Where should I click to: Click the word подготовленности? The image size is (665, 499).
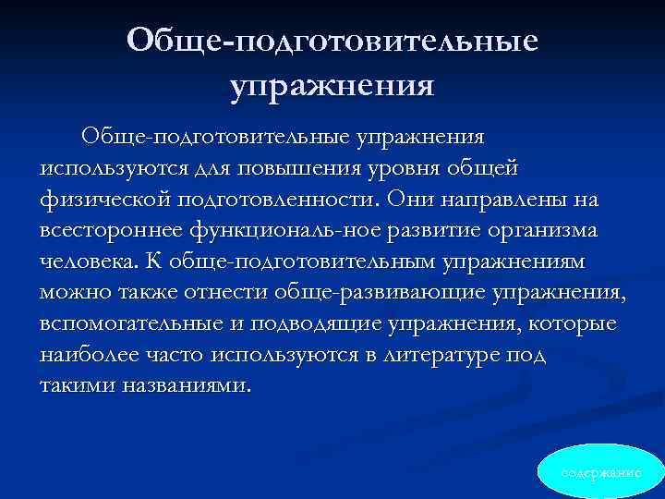(276, 200)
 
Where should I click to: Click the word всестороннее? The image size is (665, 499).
(106, 231)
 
